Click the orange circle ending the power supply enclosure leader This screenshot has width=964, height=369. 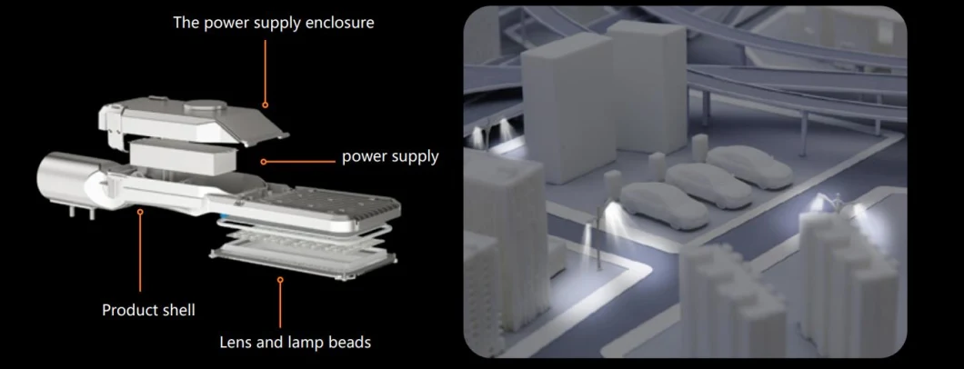tap(265, 105)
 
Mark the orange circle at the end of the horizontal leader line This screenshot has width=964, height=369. tap(263, 162)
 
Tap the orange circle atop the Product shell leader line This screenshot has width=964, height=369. tap(140, 212)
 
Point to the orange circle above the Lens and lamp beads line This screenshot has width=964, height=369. tap(280, 280)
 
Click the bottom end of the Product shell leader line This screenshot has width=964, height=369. tap(140, 292)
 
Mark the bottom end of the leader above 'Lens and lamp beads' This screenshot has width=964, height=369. tap(280, 327)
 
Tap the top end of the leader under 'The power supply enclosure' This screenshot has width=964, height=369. tap(265, 41)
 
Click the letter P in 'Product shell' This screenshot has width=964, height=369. tap(106, 310)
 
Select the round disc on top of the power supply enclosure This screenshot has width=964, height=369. tap(204, 107)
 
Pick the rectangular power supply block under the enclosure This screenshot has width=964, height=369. tap(183, 155)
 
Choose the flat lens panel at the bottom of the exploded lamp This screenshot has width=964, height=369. tap(303, 260)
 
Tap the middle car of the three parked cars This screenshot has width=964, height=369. tap(708, 184)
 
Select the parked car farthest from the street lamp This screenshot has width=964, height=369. tap(748, 165)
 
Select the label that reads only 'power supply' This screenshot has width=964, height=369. tap(390, 156)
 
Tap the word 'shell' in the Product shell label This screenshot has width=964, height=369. tap(177, 310)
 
